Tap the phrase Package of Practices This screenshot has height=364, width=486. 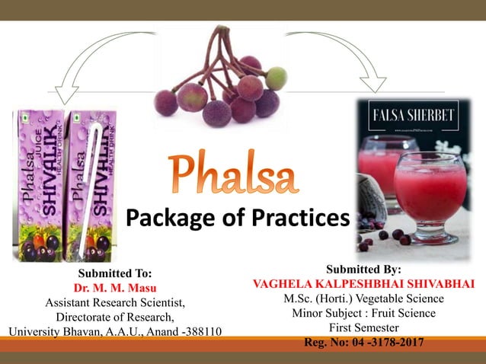click(237, 219)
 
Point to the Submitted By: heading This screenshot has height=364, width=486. click(363, 269)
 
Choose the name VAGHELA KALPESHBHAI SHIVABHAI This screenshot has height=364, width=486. click(363, 283)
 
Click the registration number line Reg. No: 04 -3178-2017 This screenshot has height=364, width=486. click(363, 341)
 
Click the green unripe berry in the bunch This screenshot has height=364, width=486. click(277, 77)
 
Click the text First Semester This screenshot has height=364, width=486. click(363, 327)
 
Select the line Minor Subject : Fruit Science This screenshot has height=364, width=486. click(363, 312)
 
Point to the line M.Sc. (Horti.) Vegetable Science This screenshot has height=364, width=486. click(363, 298)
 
